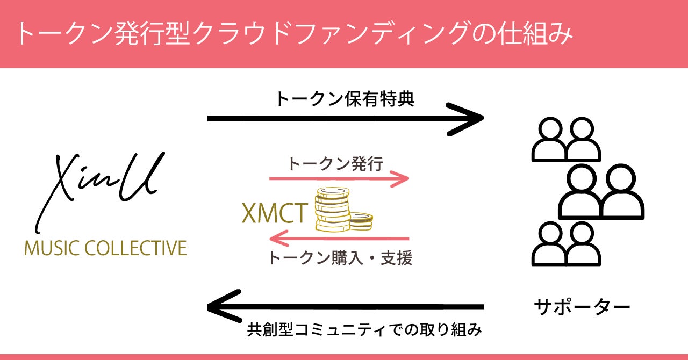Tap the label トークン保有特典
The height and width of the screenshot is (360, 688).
click(345, 99)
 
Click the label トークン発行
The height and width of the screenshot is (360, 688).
click(335, 163)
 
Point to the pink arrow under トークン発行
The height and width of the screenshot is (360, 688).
click(339, 179)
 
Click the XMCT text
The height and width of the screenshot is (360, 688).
click(274, 214)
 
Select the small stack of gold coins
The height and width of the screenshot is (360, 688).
click(361, 220)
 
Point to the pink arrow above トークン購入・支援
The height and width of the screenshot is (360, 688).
click(339, 238)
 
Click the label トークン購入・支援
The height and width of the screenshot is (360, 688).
click(340, 258)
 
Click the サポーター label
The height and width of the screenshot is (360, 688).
click(581, 307)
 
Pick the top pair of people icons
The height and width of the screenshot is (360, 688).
click(565, 140)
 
